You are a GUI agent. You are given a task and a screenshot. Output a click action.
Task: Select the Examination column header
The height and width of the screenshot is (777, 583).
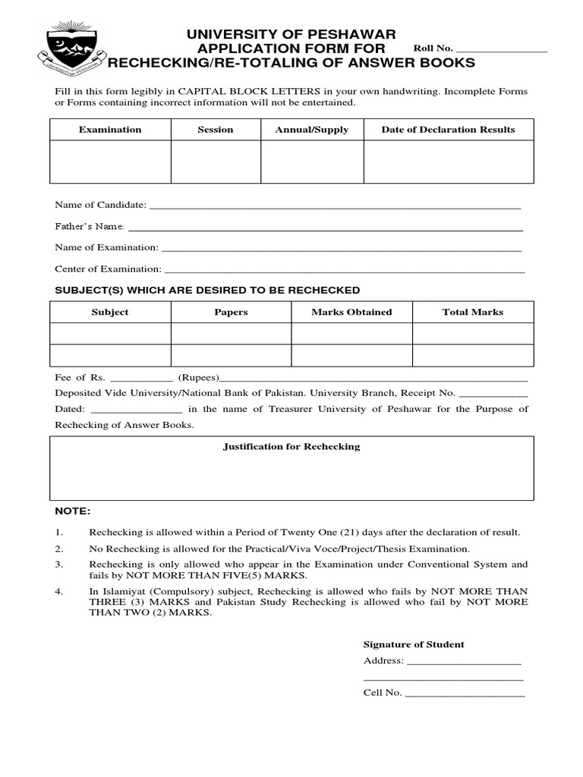(x=110, y=130)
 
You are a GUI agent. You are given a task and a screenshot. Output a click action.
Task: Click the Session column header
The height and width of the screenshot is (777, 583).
(x=216, y=130)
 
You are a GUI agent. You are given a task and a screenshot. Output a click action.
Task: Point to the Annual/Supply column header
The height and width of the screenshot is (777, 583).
(x=312, y=130)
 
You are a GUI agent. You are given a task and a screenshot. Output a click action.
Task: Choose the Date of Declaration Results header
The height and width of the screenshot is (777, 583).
(x=448, y=130)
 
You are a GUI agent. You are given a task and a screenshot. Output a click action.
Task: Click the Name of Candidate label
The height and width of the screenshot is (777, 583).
(x=100, y=206)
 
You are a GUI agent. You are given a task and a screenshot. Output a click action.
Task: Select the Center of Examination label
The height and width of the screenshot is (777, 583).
(x=108, y=269)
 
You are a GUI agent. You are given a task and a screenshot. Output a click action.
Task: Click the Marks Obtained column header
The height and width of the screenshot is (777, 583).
(x=351, y=312)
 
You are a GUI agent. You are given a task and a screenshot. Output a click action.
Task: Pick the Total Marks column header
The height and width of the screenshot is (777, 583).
(x=473, y=312)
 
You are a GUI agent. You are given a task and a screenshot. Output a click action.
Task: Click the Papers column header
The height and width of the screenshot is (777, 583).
(x=231, y=312)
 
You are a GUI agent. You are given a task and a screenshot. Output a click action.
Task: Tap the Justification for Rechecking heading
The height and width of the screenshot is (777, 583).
(x=291, y=447)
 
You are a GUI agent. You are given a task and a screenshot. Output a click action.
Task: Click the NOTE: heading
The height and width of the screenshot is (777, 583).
(x=72, y=511)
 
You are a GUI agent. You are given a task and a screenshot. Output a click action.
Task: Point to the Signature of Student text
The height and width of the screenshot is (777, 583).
(x=414, y=644)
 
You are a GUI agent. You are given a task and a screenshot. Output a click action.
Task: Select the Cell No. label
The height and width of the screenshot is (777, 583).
(x=383, y=693)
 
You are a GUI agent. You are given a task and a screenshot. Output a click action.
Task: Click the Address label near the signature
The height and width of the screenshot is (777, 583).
(x=383, y=661)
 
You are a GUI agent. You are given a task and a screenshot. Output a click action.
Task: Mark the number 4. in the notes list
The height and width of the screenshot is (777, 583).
(x=59, y=591)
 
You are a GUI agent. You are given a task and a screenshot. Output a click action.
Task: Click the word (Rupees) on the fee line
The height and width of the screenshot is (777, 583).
(x=198, y=377)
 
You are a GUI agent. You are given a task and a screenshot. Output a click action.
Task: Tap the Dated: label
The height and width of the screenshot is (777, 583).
(x=71, y=409)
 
